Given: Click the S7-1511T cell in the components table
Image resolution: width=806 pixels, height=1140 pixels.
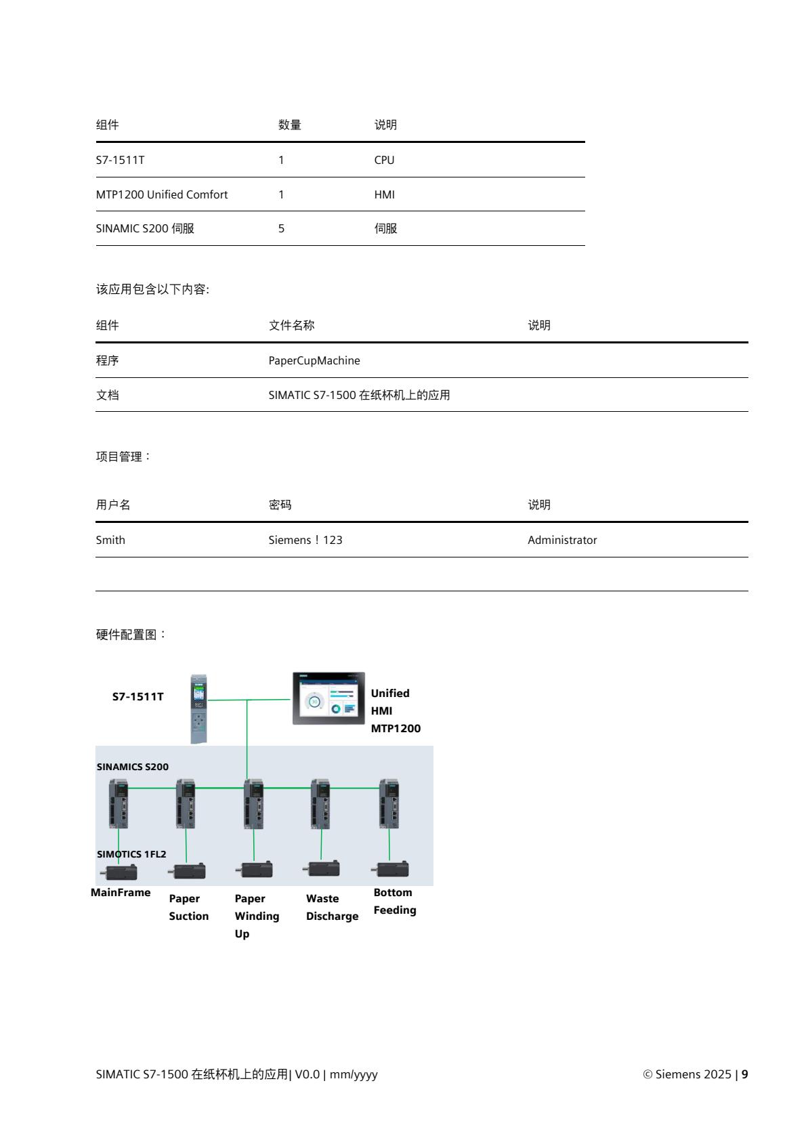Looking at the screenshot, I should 120,161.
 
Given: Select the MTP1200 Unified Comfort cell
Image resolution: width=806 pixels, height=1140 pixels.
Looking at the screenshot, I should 162,195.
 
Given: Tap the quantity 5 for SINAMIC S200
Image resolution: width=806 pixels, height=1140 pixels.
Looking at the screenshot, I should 281,229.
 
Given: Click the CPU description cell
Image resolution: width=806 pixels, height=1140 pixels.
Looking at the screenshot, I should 384,161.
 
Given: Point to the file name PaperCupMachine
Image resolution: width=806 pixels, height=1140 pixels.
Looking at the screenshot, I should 314,361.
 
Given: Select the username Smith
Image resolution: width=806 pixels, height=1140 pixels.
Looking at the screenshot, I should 110,541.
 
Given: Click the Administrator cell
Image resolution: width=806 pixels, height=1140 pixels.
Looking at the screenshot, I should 562,541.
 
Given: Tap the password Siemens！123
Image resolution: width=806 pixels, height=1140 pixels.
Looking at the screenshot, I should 305,541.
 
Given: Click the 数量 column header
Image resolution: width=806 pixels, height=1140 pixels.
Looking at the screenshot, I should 290,125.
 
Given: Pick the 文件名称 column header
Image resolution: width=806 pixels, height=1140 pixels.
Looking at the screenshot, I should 292,326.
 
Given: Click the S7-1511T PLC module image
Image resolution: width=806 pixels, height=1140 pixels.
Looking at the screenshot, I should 198,709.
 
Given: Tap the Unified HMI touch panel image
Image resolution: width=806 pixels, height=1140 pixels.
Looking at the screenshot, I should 328,698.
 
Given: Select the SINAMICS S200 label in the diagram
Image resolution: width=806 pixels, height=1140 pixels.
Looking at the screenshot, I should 133,767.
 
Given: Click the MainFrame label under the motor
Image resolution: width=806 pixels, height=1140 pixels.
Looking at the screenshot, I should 121,893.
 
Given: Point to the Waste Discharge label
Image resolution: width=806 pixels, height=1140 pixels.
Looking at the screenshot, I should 332,908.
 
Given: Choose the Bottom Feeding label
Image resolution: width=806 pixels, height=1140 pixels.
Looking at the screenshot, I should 395,902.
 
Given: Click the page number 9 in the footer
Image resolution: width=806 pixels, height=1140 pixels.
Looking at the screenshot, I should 745,1074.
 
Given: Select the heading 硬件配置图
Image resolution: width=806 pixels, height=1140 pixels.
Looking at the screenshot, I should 131,635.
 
